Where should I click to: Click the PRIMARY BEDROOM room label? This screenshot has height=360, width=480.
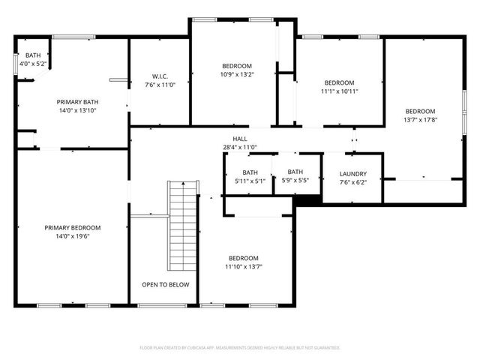coord(72,227)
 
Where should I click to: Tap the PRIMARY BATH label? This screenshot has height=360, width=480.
coord(77,102)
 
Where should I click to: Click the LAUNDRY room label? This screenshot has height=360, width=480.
coord(352,174)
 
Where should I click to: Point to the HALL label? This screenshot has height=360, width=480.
coord(239,139)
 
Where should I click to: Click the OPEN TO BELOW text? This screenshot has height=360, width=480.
coord(165,285)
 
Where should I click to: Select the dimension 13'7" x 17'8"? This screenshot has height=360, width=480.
coord(420,119)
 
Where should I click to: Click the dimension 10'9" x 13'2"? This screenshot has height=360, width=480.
coord(237,74)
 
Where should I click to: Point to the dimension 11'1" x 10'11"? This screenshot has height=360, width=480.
coord(339,91)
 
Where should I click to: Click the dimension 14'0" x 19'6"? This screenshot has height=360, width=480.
coord(72,236)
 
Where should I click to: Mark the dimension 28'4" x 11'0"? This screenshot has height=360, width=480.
coord(239,147)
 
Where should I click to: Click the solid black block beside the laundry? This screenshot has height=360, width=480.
coord(307,199)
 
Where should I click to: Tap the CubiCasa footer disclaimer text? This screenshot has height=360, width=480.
coord(240,348)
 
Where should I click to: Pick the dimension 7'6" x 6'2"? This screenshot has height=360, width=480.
coord(352,182)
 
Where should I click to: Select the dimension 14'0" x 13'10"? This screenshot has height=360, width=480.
coord(77,110)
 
